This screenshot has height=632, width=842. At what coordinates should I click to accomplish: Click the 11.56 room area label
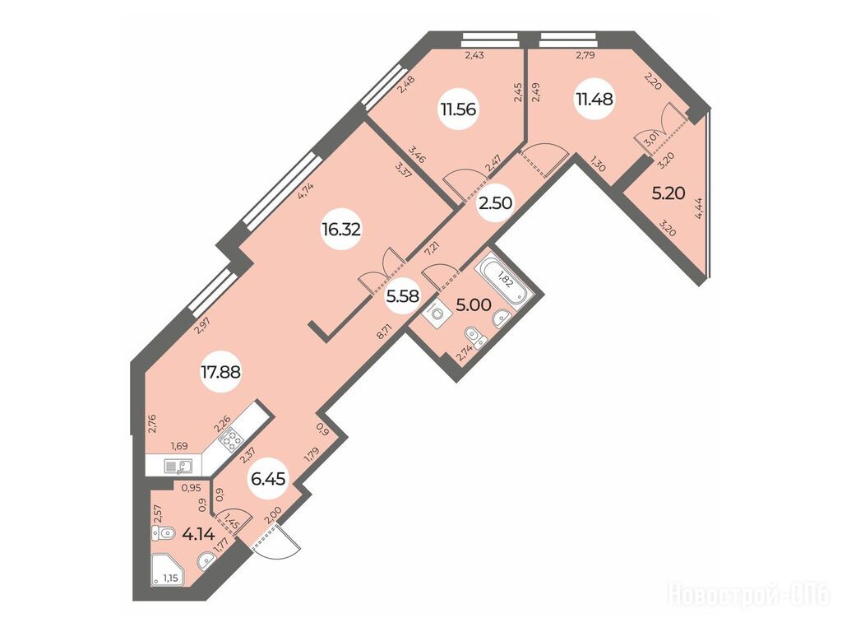point(458,109)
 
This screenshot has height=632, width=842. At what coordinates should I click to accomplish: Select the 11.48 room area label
point(594,100)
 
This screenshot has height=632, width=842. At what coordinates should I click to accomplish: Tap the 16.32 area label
point(341,230)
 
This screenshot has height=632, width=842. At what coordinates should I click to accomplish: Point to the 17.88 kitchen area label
point(220,371)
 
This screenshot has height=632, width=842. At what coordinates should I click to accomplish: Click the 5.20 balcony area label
point(668,193)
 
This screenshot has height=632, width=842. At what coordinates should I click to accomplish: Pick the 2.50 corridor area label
point(496,203)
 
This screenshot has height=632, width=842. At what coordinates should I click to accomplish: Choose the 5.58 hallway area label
point(403,296)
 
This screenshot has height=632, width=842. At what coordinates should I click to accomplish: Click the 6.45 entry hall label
point(268,478)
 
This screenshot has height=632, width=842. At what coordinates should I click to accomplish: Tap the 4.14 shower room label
point(199,534)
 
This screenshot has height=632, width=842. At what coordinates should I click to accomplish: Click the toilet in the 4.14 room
point(164,533)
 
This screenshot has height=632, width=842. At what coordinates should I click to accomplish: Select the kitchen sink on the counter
point(178,467)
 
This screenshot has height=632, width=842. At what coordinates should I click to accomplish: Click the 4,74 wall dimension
point(306,191)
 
